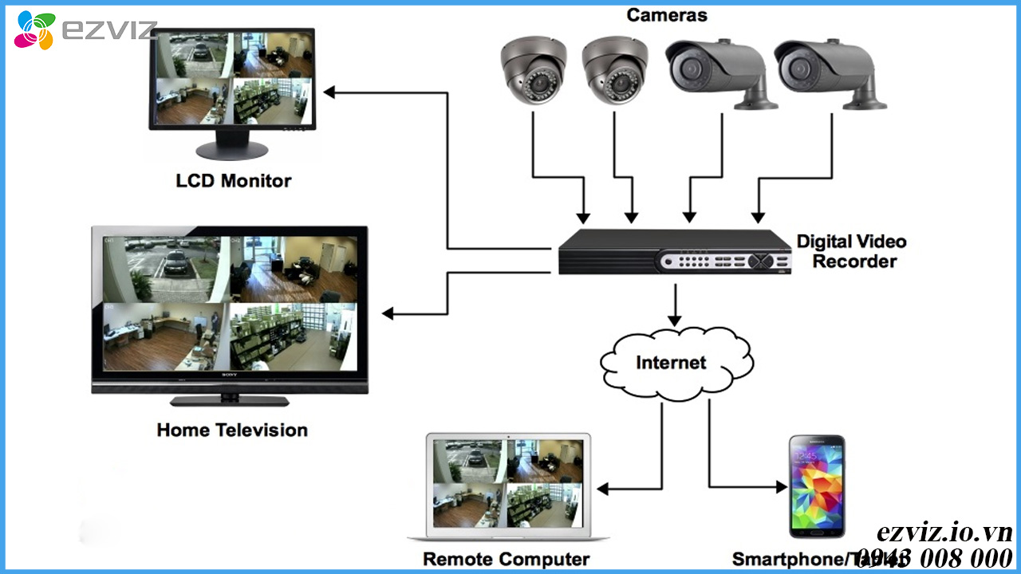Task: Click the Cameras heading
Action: pyautogui.click(x=666, y=14)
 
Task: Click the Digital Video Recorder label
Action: pyautogui.click(x=851, y=251)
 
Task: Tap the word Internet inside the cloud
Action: pyautogui.click(x=671, y=363)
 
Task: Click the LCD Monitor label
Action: pyautogui.click(x=233, y=181)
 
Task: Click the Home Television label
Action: pyautogui.click(x=231, y=431)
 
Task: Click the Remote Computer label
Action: pyautogui.click(x=506, y=559)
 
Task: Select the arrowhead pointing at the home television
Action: pyautogui.click(x=389, y=313)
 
